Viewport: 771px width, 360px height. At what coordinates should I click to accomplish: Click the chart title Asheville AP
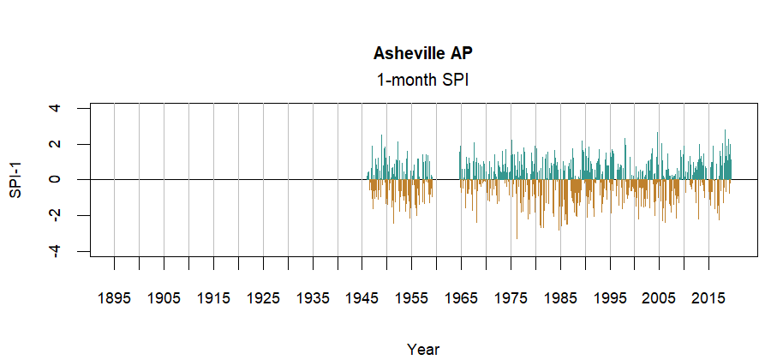pyautogui.click(x=423, y=53)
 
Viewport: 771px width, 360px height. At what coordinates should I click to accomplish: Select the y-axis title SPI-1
pyautogui.click(x=15, y=179)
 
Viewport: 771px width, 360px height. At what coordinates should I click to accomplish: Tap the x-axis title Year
pyautogui.click(x=423, y=349)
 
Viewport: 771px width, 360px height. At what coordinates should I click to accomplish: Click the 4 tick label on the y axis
pyautogui.click(x=55, y=108)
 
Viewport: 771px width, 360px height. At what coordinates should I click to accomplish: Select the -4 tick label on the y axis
pyautogui.click(x=55, y=250)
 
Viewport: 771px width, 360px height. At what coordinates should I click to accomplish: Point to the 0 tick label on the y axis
pyautogui.click(x=55, y=179)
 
